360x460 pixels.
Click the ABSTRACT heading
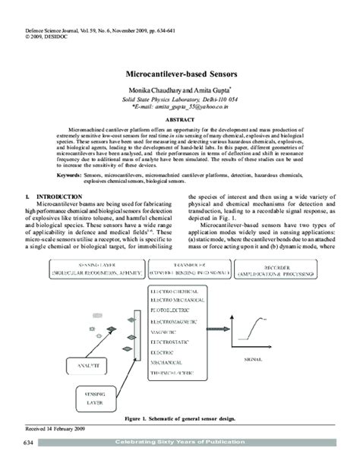click(180, 120)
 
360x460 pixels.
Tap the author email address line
click(180, 107)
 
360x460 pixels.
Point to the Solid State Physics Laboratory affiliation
click(180, 99)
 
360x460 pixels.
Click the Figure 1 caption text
click(180, 418)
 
